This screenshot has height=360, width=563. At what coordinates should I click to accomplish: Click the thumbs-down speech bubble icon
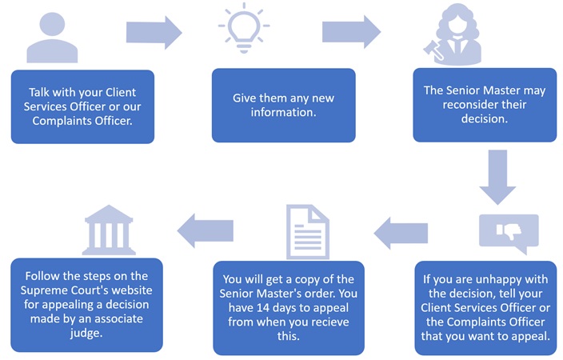click(x=508, y=232)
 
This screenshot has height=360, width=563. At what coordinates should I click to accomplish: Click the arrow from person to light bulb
click(x=154, y=32)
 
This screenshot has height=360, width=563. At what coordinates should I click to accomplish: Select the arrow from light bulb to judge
click(x=350, y=31)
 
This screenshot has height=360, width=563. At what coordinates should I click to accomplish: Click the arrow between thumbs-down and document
click(x=401, y=232)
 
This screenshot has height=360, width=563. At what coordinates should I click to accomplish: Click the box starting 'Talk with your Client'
click(x=82, y=105)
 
